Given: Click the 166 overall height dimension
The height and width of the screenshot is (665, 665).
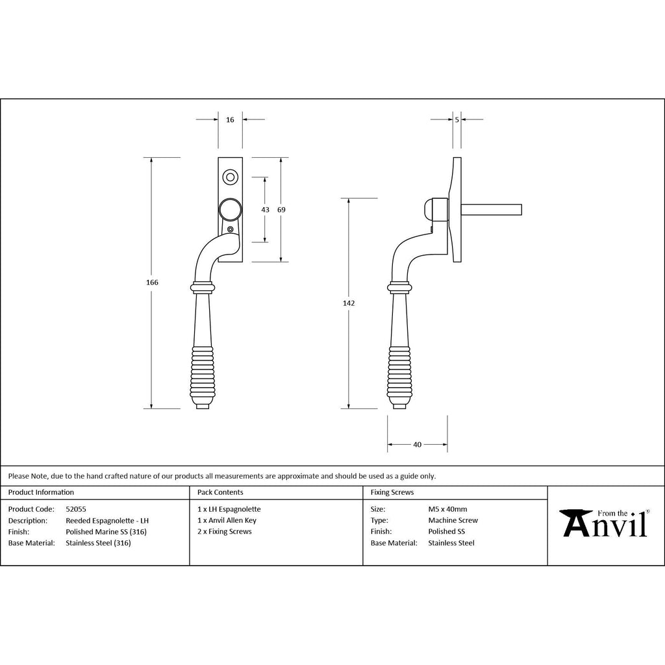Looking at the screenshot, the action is coord(152,282).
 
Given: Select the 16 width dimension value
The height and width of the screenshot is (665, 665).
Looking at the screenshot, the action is coord(230,120).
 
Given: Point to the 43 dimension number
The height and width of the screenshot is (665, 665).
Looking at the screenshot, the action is coord(265,210).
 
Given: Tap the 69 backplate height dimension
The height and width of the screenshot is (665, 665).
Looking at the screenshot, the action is coord(281,210).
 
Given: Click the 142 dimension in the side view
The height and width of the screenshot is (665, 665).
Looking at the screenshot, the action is coord(349,303).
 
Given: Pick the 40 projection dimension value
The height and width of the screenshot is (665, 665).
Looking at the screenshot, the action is coord(418,444).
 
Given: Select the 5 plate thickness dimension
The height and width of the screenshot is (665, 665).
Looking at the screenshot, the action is coord(457,120).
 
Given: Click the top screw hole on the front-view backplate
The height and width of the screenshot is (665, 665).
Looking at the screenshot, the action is coord(231,177).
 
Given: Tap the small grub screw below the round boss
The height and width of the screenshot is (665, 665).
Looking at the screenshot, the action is coord(231,229).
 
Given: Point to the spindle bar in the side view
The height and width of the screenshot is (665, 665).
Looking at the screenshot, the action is coord(491,210).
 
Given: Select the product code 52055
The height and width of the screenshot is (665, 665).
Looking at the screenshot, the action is coord(76,509).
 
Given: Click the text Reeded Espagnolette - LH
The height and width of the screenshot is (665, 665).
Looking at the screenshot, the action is coord(107,520).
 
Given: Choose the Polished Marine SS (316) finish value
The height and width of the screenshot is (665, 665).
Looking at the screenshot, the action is coord(106,532).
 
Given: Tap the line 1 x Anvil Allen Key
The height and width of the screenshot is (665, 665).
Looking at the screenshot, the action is coord(227,520).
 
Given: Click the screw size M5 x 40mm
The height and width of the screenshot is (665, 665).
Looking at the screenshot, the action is coord(448,509).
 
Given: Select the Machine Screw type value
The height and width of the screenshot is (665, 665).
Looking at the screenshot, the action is coord(453,520).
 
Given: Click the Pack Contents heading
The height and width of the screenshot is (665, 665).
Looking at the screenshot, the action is coord(220,492).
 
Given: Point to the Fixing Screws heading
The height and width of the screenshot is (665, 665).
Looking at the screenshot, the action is coord(392,492).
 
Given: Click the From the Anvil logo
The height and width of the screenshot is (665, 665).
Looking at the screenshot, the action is coord(605,523).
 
